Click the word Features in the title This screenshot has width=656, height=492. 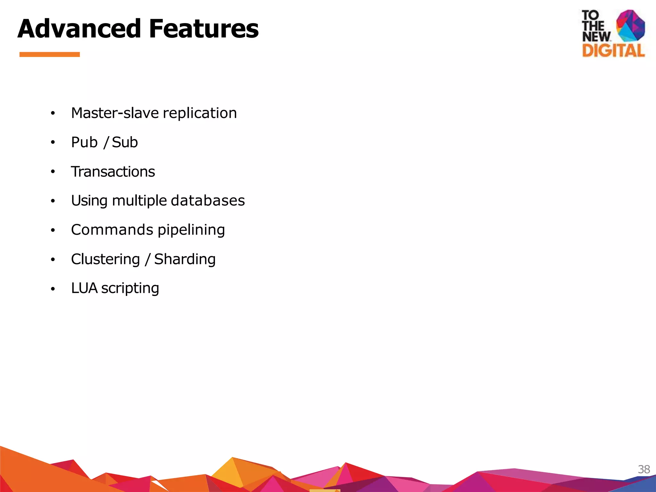coord(204,29)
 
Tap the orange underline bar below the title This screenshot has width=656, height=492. coord(50,54)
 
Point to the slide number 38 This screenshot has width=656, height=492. coord(644,469)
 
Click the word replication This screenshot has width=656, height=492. coord(200,113)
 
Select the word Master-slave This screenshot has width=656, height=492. coord(115,113)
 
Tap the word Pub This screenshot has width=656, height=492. coord(84,142)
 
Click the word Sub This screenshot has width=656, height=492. coord(125,142)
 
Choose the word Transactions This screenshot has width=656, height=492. coord(113,172)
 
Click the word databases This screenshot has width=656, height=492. coord(208,201)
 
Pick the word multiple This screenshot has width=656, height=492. coord(139,201)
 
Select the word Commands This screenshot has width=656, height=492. coord(112,230)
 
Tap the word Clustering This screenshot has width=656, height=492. coord(105,259)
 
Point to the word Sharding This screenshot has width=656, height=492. coord(185,259)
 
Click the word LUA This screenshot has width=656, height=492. coord(84,288)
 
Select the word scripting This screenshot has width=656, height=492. coord(130,289)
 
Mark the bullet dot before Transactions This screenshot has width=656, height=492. coord(53,172)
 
